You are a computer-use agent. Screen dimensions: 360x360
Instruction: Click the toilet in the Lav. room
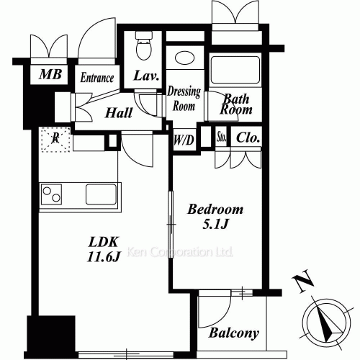144,45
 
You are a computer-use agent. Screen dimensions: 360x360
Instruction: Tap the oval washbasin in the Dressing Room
184,58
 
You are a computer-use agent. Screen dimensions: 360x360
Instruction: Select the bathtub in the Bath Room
235,70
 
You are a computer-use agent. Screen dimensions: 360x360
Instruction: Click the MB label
50,74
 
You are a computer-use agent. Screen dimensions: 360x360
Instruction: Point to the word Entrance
97,78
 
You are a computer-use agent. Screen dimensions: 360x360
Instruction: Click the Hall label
119,113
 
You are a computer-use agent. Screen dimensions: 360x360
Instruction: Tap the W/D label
184,140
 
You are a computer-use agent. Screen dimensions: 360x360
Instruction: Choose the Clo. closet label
248,138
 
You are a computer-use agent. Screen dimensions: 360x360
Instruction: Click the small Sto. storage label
222,137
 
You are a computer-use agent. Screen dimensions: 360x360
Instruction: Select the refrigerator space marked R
55,139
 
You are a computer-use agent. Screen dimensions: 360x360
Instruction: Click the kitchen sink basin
101,194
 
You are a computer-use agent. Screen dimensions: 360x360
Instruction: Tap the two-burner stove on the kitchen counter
51,194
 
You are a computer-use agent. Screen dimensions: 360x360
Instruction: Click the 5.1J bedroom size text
215,225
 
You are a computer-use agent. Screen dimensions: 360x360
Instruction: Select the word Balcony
234,333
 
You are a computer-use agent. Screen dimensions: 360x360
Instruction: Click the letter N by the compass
303,281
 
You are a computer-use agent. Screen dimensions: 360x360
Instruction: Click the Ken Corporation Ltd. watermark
179,252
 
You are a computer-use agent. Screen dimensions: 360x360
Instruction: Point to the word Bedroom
215,210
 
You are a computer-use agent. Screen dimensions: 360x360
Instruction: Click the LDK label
104,242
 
